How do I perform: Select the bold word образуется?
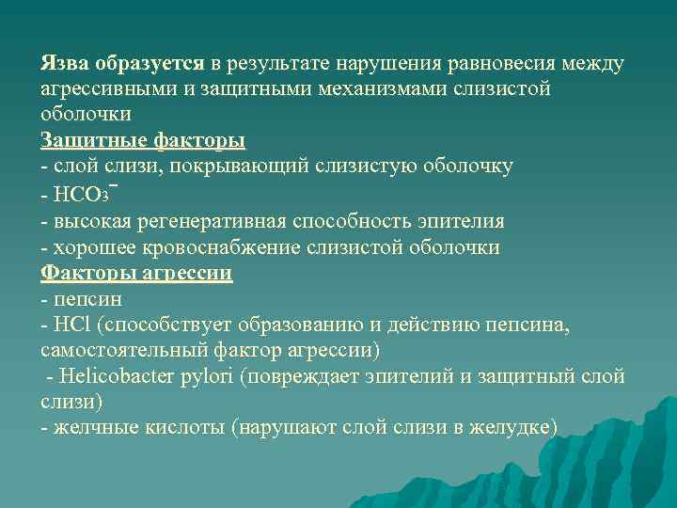(150, 64)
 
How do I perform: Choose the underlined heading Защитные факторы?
(143, 141)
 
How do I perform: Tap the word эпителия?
(462, 222)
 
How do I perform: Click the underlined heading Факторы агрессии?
(137, 274)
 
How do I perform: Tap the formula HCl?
(71, 325)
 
